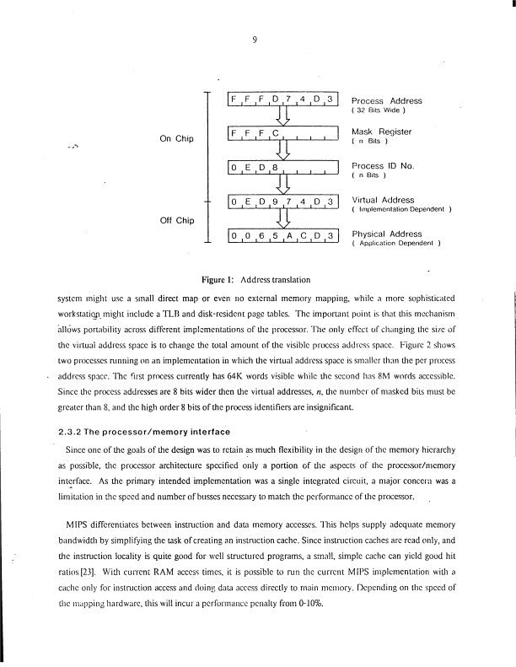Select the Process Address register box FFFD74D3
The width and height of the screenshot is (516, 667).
click(283, 102)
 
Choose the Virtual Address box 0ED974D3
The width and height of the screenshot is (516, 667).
click(283, 202)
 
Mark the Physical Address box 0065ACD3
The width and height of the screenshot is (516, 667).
click(283, 236)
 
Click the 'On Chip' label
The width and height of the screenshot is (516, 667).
click(177, 139)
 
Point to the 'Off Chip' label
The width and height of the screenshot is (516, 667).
click(177, 220)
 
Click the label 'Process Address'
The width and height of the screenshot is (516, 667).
click(386, 100)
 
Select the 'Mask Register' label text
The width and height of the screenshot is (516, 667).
click(381, 132)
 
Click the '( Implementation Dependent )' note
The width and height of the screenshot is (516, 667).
click(401, 210)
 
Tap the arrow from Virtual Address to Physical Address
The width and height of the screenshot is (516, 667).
click(283, 219)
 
